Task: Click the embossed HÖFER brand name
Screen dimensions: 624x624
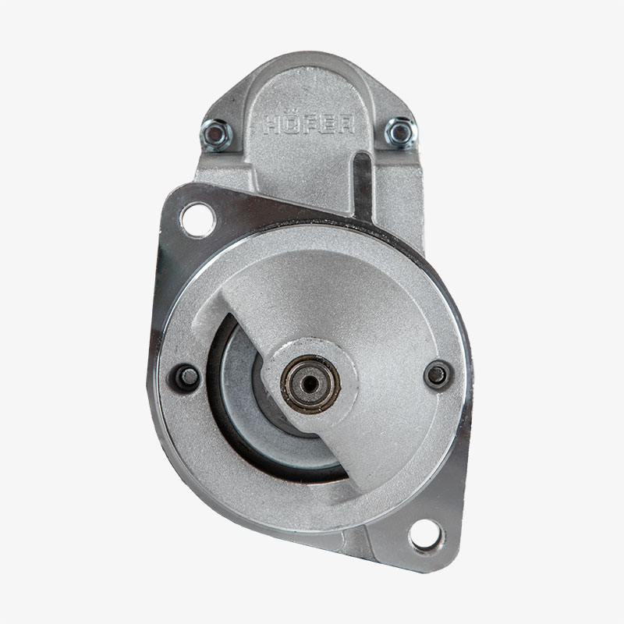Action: tap(309, 124)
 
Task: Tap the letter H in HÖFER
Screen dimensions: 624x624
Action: tap(271, 124)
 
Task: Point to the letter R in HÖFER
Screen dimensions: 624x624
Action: tap(346, 124)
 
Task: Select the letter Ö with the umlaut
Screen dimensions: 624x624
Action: tap(290, 123)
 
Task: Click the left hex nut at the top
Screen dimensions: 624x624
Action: tap(215, 135)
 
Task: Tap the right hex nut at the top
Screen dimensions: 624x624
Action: tap(401, 133)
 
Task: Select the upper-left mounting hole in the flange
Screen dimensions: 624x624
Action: tap(198, 220)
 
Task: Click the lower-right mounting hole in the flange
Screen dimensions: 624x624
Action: tap(425, 534)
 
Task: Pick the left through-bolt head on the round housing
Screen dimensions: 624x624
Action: tap(188, 376)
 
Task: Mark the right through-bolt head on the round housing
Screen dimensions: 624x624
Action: tap(438, 374)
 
